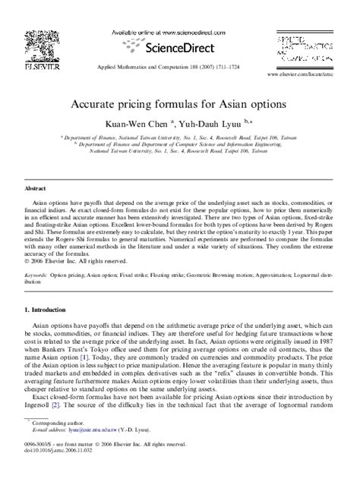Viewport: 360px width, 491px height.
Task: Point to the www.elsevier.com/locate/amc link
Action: [x=303, y=77]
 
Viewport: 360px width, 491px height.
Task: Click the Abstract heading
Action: [x=37, y=187]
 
